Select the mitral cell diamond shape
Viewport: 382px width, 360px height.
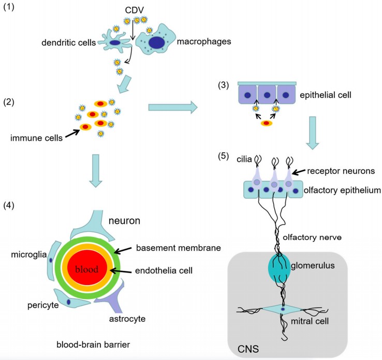[283, 309]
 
